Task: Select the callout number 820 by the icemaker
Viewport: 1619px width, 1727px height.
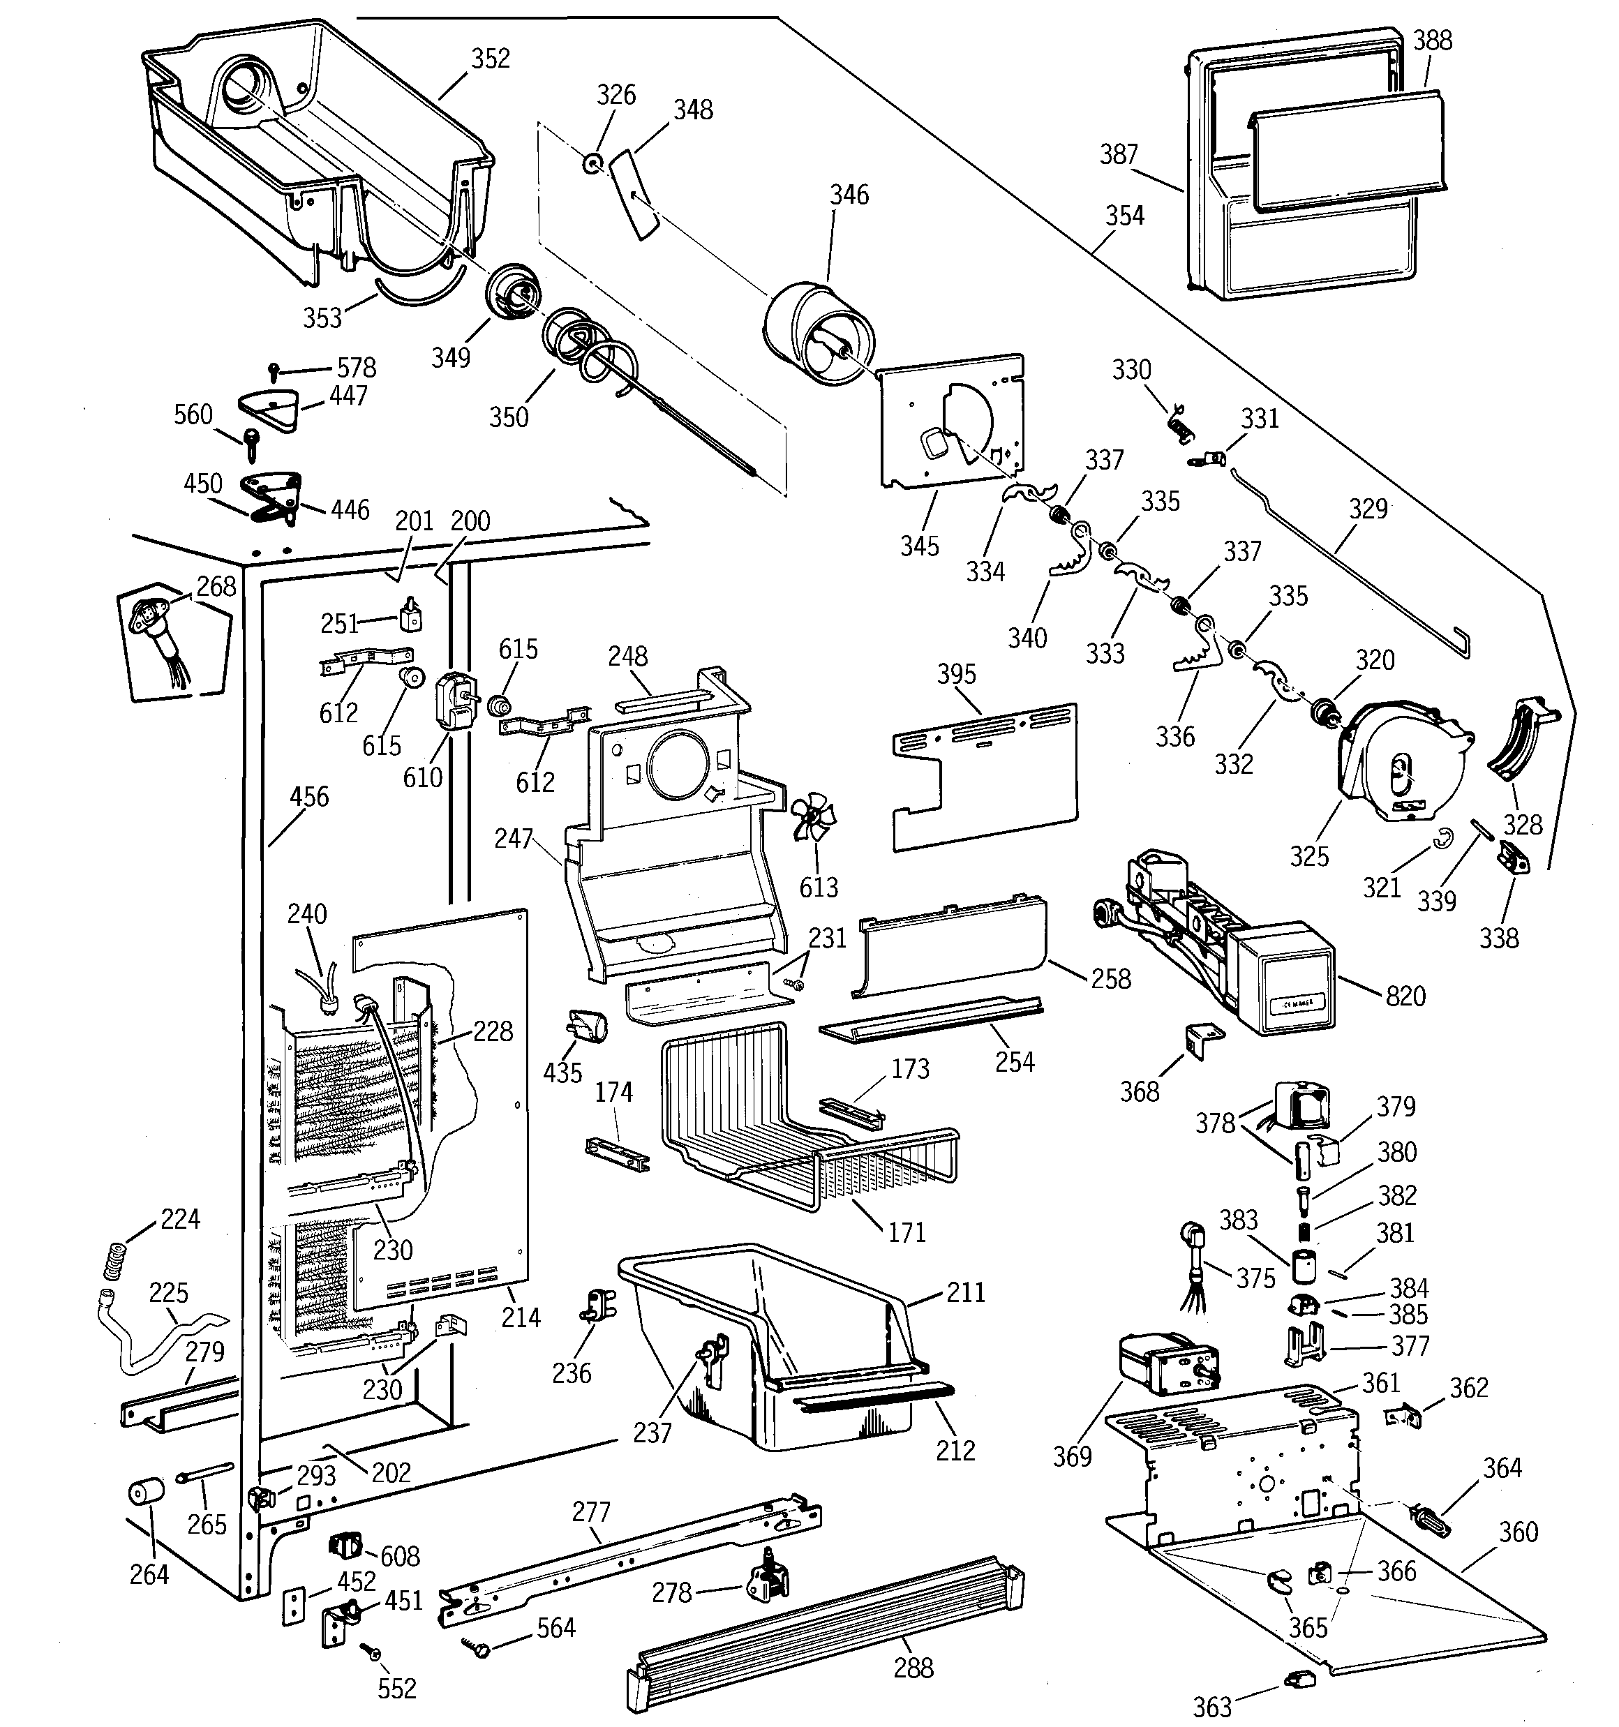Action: [1405, 996]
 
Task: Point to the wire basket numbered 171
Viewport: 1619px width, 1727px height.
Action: [808, 1121]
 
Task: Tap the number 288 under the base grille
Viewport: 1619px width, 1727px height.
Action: [913, 1667]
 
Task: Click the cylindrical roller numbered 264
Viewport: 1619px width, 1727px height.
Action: [145, 1493]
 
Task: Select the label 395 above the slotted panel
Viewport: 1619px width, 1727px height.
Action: [956, 674]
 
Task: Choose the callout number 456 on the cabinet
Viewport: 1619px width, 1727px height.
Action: [308, 797]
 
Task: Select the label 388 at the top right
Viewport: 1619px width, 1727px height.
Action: [1432, 40]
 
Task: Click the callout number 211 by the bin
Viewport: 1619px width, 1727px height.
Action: [966, 1293]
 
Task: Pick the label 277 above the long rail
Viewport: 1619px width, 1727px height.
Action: [591, 1511]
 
